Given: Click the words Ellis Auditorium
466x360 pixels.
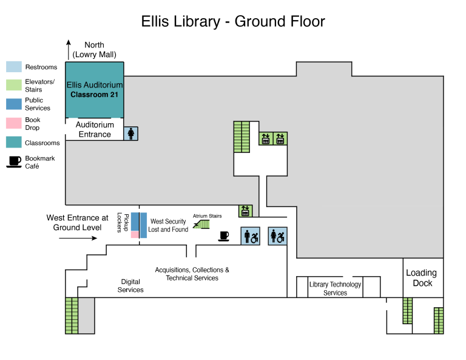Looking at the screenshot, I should [95, 85].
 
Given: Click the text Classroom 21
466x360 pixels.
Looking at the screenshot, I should [94, 95].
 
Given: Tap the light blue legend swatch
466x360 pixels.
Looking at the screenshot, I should [14, 67].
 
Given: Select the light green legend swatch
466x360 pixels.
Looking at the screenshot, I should [14, 85].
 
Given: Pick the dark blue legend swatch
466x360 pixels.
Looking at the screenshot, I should [14, 104].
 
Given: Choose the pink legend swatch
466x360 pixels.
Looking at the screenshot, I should [14, 123].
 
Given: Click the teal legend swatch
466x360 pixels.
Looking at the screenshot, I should [14, 142].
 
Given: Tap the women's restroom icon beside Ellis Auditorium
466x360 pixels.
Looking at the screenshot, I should [131, 134].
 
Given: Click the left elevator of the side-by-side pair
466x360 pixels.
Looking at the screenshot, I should [266, 138].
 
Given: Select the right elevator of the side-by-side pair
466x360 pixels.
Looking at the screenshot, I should [280, 138].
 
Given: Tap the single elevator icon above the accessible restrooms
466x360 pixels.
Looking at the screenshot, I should [245, 211].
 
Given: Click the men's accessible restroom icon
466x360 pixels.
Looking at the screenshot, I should [250, 236].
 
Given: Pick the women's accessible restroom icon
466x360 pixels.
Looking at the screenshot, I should [277, 236].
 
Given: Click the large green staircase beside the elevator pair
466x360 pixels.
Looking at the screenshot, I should [241, 137].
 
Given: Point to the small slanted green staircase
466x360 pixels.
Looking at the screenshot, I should [203, 225].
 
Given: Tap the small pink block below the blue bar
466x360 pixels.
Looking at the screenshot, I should [135, 235].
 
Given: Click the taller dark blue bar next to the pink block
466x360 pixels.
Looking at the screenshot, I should [144, 225].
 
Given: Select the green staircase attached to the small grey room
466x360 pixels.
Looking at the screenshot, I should [72, 316].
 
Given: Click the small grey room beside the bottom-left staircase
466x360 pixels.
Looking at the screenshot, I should [86, 316].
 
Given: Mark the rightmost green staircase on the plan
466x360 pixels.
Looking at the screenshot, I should [439, 321].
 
